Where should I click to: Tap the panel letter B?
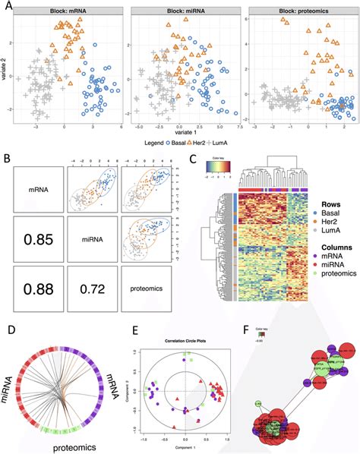(6, 159)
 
